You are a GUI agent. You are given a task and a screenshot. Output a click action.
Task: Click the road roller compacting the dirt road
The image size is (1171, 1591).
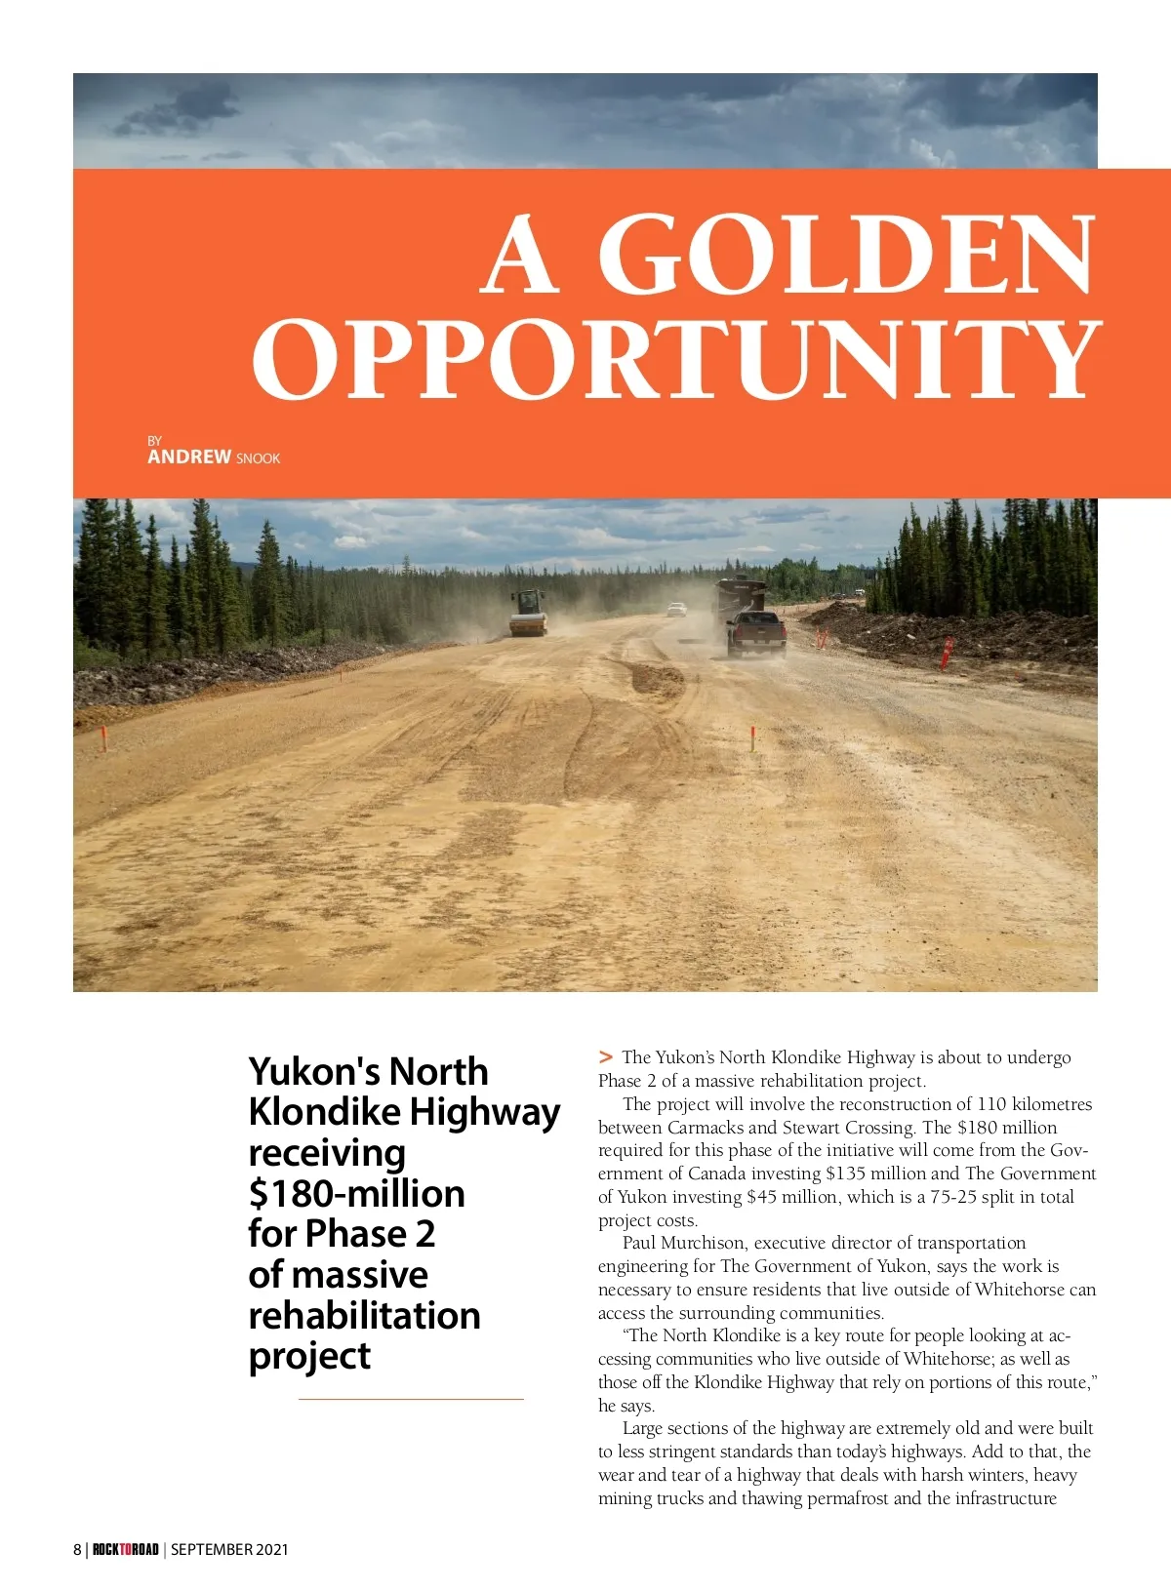click(x=528, y=614)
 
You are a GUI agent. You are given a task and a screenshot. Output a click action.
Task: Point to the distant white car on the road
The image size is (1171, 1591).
click(x=676, y=610)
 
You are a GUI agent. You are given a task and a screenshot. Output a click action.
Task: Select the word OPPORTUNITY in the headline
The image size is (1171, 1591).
click(x=677, y=358)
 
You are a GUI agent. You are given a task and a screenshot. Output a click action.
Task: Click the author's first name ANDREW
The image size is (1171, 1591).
click(x=189, y=457)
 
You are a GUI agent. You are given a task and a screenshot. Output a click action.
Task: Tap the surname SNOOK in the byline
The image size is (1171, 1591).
click(x=258, y=458)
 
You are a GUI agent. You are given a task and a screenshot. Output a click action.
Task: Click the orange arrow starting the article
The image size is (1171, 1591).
click(x=606, y=1056)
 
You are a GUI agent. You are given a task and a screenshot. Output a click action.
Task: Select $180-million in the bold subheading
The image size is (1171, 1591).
click(x=356, y=1193)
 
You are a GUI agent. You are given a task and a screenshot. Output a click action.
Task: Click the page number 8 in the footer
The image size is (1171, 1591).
click(x=77, y=1549)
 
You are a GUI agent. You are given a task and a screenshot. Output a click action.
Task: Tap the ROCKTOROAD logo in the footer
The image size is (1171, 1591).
click(x=126, y=1549)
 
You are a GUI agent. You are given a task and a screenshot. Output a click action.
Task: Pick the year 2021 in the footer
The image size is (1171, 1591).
click(x=271, y=1549)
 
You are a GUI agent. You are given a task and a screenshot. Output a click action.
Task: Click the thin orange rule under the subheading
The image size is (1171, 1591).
click(x=411, y=1399)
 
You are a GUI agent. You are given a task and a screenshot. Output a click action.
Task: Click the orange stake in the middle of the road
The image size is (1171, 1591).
click(x=752, y=738)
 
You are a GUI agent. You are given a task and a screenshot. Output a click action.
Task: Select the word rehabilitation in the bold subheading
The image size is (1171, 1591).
click(x=364, y=1315)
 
